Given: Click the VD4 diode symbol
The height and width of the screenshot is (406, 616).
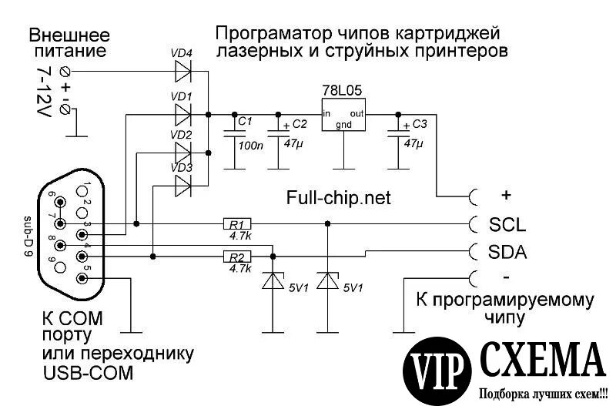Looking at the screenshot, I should tap(183, 72).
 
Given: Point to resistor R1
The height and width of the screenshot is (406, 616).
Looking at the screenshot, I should tap(234, 224).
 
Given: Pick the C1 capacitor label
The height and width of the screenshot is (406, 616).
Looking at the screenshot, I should tap(246, 122).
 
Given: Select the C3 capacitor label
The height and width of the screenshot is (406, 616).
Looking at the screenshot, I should tap(419, 123).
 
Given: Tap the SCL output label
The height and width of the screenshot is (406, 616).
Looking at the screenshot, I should tap(507, 225).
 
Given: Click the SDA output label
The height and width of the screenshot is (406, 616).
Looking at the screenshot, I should tap(508, 251).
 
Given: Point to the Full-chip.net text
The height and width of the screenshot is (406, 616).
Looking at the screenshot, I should tap(339, 198).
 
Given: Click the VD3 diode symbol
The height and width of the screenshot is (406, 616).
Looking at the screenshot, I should tap(183, 185).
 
